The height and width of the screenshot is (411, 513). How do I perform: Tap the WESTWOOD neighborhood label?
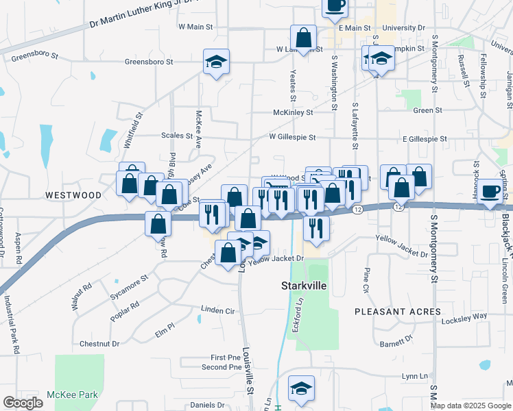coord(73,195)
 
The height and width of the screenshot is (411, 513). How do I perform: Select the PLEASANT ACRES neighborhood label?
coord(398,312)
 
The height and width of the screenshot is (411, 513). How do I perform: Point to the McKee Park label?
coord(73,395)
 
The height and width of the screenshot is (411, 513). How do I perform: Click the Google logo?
coord(23,403)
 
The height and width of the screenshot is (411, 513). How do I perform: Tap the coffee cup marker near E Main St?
coord(335,7)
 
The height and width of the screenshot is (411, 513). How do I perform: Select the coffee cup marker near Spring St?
coord(490,192)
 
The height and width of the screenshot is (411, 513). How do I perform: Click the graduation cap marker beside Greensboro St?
coord(216,62)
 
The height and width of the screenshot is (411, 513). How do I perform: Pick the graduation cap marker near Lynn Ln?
coord(301,388)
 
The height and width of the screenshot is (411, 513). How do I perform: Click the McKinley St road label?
coord(293,112)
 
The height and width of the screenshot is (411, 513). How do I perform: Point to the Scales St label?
coord(177,136)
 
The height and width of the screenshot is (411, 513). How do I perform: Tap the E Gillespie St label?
coord(425,138)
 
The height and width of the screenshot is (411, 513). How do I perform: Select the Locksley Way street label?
coord(464,318)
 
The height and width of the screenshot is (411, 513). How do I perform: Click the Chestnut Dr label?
coord(99,343)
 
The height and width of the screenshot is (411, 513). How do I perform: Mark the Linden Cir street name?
coord(218,310)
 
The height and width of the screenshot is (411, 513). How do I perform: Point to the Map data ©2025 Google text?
coord(470,406)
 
